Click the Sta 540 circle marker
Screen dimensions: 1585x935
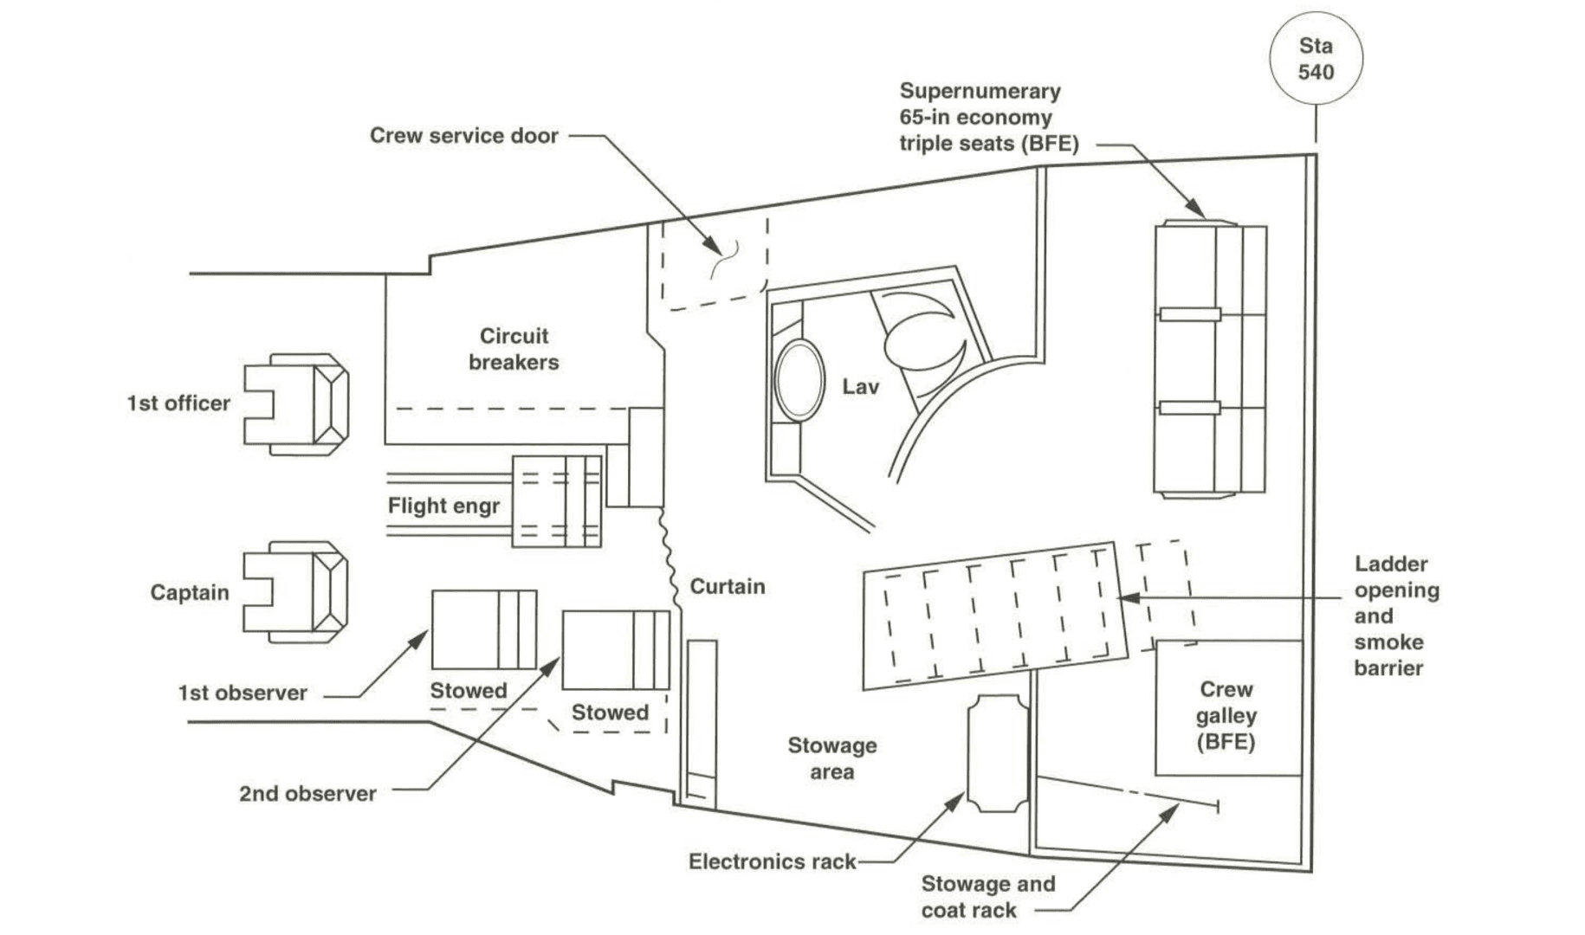click(x=1316, y=59)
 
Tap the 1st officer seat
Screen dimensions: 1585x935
click(x=296, y=403)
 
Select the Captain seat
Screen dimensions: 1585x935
click(x=296, y=592)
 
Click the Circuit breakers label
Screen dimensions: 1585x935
click(x=514, y=349)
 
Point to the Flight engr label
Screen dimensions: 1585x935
click(x=443, y=506)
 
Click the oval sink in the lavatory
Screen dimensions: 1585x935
click(x=799, y=380)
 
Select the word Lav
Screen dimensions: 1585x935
click(x=860, y=387)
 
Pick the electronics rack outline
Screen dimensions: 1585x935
click(x=998, y=753)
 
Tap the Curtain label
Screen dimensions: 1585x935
click(x=728, y=586)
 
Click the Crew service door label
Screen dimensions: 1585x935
click(x=464, y=135)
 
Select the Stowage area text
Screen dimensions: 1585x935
click(x=831, y=758)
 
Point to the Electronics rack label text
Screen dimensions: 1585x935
click(x=773, y=861)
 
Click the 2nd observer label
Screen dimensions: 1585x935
click(x=307, y=794)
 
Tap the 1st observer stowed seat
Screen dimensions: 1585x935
click(x=484, y=629)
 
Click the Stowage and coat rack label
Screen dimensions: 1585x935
click(x=988, y=897)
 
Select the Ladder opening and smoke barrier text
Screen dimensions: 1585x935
click(x=1396, y=616)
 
